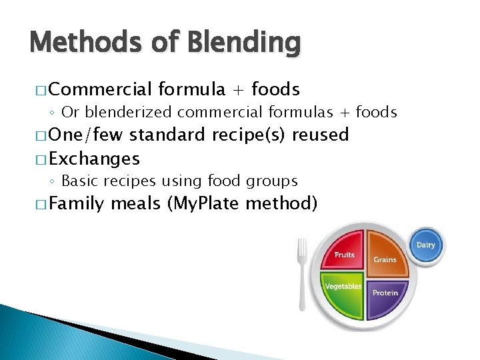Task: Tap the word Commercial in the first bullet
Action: (x=101, y=89)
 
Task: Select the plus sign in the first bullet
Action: (x=238, y=89)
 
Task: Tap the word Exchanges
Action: (x=94, y=159)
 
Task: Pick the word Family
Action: (x=77, y=203)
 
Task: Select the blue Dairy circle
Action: (x=425, y=245)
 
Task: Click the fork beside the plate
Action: (x=302, y=273)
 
